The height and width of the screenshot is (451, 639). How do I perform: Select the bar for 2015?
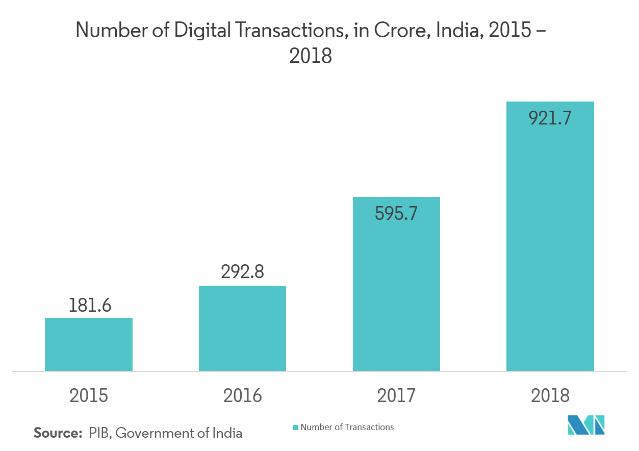(89, 344)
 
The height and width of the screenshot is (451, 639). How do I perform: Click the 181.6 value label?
(90, 306)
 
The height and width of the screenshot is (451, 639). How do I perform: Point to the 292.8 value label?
(242, 272)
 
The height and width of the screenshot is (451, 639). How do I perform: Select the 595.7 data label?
(396, 213)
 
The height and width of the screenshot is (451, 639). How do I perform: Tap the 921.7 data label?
(550, 118)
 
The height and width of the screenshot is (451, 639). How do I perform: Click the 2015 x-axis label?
(89, 395)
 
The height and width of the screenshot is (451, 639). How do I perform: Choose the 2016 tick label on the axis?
(243, 395)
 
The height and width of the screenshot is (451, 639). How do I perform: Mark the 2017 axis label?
(396, 395)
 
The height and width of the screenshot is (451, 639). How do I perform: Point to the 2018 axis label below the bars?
(550, 395)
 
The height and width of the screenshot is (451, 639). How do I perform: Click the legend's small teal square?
(295, 428)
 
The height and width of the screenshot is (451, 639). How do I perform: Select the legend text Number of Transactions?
(347, 427)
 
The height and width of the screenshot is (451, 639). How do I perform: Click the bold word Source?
(58, 433)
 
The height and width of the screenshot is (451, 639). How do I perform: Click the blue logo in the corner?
(586, 424)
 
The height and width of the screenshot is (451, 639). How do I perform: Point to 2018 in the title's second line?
(311, 56)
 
